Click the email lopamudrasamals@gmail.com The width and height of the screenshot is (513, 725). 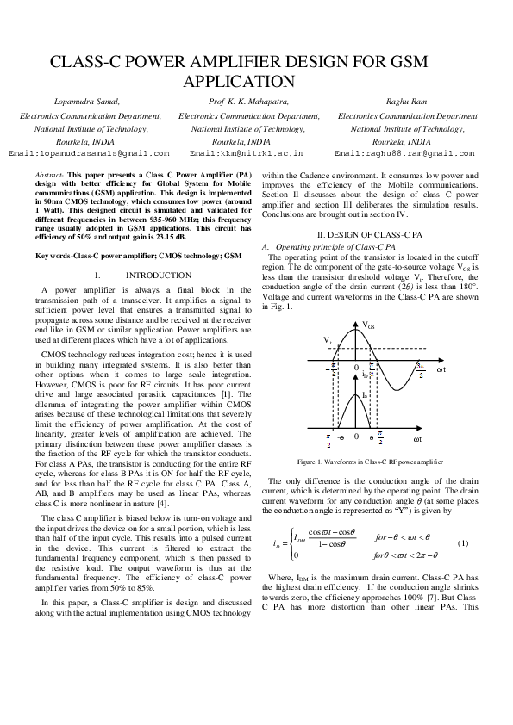(89, 153)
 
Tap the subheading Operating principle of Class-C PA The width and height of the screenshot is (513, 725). (335, 247)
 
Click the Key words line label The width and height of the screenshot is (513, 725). (60, 257)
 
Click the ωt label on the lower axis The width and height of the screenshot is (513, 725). (441, 439)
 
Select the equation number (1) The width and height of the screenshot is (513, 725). (462, 543)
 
